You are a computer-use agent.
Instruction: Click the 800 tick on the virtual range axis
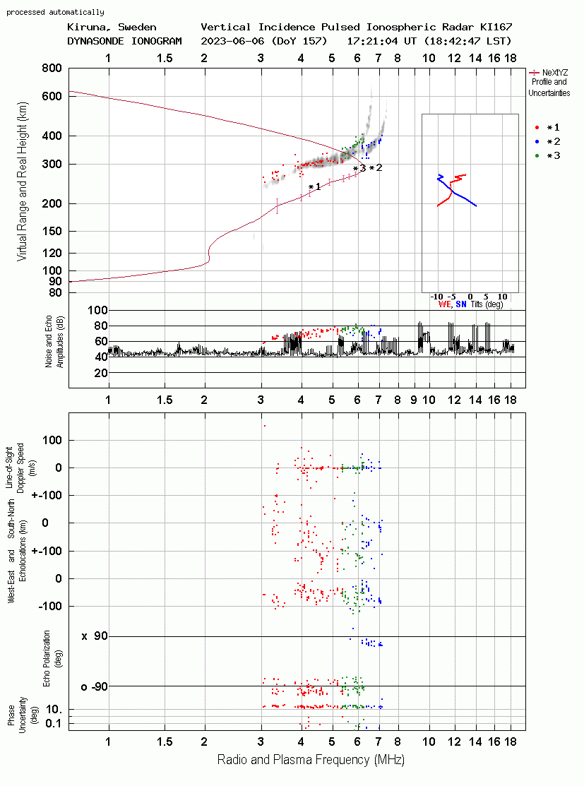(x=52, y=69)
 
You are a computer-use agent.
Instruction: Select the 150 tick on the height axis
(x=52, y=231)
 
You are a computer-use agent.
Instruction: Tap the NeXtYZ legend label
(x=554, y=73)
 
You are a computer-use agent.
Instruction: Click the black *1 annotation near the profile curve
(x=315, y=186)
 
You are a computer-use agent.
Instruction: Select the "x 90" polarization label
(x=95, y=636)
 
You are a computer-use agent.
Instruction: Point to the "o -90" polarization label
(x=94, y=686)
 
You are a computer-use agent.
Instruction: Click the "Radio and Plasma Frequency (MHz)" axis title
(x=311, y=760)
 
